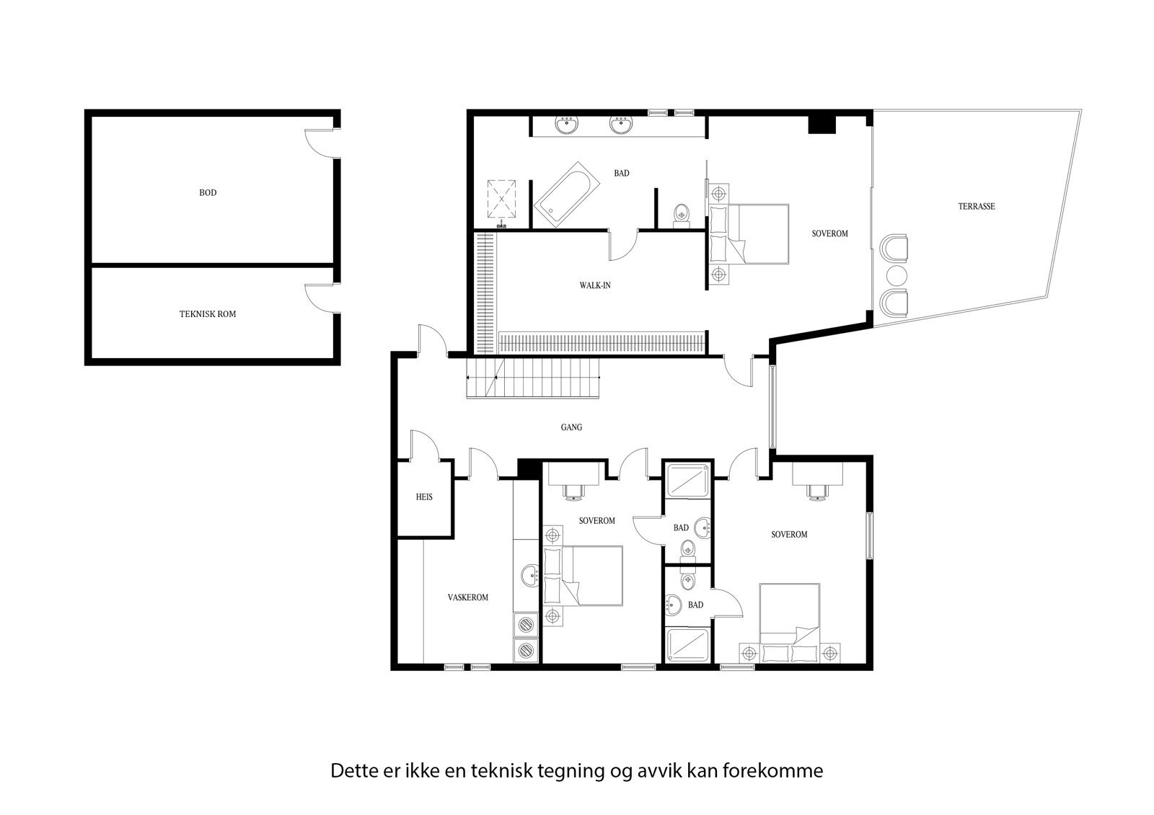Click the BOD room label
[208, 192]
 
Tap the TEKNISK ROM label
[207, 314]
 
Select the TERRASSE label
[977, 206]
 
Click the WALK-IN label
[595, 285]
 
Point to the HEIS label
[424, 497]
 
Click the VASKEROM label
[467, 597]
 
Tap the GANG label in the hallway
[571, 427]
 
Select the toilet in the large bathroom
[680, 215]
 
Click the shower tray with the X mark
[503, 196]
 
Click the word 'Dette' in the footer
[351, 771]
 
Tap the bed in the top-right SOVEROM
[750, 233]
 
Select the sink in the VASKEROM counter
[531, 575]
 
